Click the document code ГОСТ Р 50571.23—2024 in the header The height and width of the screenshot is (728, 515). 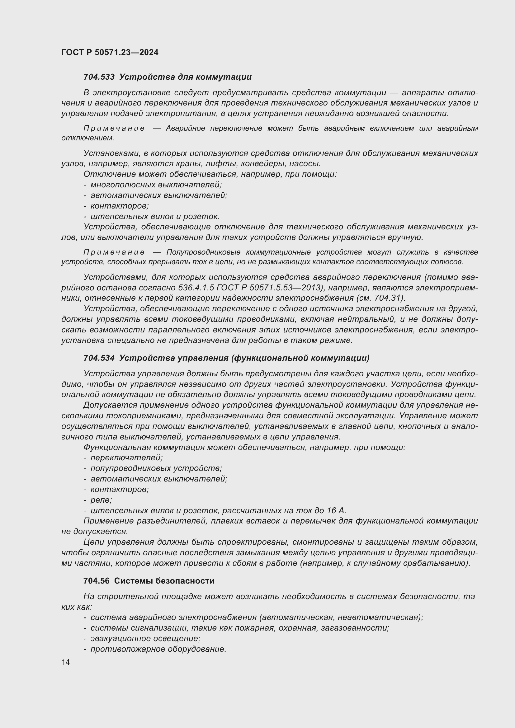110,53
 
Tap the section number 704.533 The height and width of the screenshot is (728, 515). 99,77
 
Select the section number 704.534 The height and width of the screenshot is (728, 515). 99,358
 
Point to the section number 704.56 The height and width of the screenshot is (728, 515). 97,581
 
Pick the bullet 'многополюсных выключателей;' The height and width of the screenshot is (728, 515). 156,185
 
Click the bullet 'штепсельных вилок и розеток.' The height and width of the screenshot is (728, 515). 155,217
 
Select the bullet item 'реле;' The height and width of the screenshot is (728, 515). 101,500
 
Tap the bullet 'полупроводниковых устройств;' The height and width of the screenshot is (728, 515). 156,468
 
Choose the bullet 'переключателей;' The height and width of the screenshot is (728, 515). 126,458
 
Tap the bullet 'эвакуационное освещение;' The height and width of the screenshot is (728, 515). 145,639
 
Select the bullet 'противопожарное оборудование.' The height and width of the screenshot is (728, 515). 158,649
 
